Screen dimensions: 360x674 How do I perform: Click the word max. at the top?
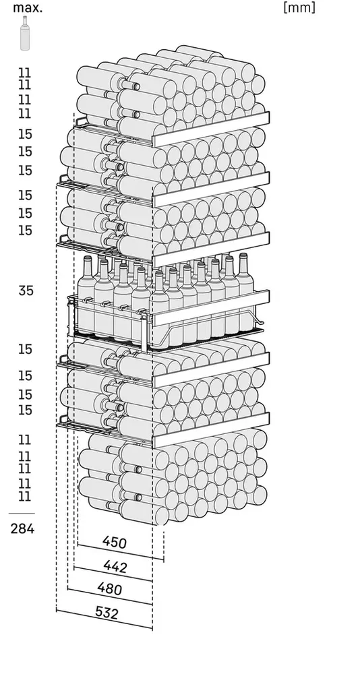click(28, 7)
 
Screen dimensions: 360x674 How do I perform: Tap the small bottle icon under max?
click(26, 33)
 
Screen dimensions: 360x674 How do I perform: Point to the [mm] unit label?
click(299, 7)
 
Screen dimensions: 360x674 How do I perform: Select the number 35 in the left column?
click(26, 290)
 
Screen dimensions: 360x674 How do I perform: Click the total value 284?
click(22, 528)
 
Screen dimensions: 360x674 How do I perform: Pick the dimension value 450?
click(115, 543)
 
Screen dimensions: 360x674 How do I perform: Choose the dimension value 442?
click(115, 567)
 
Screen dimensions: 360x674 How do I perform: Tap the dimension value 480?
click(109, 588)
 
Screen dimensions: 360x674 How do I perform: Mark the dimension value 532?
click(106, 613)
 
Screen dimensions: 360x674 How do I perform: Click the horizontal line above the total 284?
click(22, 513)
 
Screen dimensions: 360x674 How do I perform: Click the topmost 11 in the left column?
click(25, 72)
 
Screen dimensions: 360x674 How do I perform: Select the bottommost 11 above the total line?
click(25, 497)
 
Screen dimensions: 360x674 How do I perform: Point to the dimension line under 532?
click(104, 619)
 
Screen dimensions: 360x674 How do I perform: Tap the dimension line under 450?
click(121, 553)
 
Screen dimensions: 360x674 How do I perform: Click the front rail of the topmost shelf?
click(211, 129)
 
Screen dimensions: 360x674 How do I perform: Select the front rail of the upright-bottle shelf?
click(211, 308)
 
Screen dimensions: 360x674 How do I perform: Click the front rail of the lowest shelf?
click(211, 430)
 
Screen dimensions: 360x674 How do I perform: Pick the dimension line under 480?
click(110, 596)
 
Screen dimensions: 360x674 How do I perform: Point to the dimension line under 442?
click(113, 574)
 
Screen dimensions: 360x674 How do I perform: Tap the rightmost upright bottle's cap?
click(243, 257)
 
